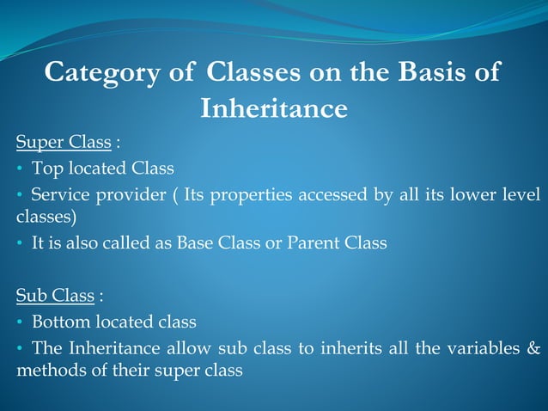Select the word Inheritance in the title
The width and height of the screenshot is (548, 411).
point(273,109)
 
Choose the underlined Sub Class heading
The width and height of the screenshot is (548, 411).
point(55,296)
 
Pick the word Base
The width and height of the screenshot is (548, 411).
point(193,243)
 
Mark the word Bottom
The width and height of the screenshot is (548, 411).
point(58,322)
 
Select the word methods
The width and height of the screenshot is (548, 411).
point(46,371)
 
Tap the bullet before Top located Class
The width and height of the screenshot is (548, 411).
point(20,168)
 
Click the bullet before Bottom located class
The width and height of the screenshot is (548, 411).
point(20,322)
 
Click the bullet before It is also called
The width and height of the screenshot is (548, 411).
point(20,244)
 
